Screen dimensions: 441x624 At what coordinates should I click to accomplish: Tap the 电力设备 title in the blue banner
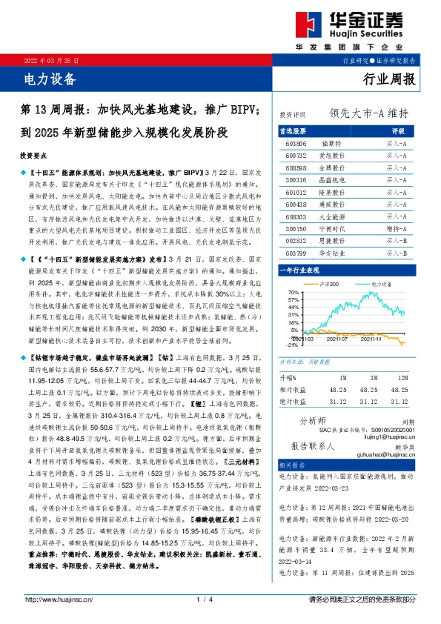tap(46, 77)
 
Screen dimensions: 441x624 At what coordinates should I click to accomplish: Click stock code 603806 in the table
tap(295, 143)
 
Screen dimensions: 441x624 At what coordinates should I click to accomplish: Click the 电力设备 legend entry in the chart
tap(375, 284)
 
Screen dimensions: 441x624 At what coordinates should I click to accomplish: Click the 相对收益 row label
tap(293, 388)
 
